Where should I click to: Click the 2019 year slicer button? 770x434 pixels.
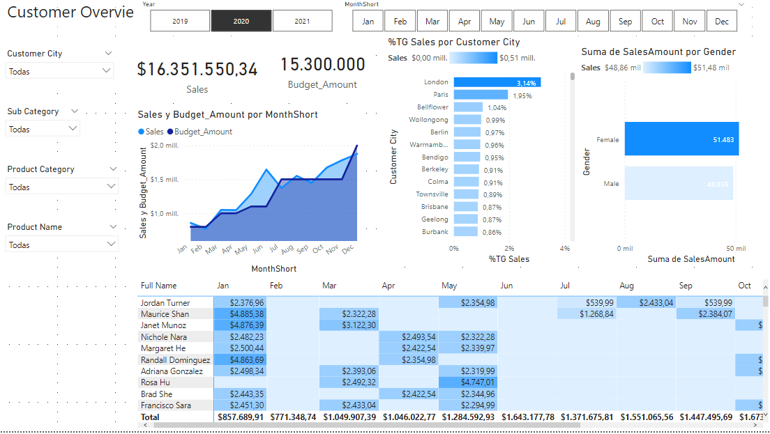click(x=180, y=22)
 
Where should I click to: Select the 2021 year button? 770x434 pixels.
click(x=302, y=22)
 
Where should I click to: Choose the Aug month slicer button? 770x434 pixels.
click(x=593, y=22)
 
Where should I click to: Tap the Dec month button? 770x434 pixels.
click(x=721, y=22)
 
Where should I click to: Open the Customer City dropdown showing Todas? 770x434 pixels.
click(x=59, y=71)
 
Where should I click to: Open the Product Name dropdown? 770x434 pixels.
click(x=61, y=245)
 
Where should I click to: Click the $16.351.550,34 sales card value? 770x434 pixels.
click(x=197, y=70)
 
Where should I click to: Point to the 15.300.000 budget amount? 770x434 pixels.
click(x=323, y=65)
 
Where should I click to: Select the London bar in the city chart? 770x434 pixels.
click(x=497, y=82)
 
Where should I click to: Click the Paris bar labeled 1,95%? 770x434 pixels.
click(x=481, y=95)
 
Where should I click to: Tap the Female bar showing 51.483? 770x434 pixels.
click(x=681, y=139)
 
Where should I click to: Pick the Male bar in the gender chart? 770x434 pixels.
click(x=678, y=184)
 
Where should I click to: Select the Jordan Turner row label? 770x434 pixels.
click(x=165, y=303)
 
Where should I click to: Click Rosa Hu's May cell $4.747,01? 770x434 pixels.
click(x=468, y=382)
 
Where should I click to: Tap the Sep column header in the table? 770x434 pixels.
click(x=685, y=286)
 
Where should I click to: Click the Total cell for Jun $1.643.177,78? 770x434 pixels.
click(x=527, y=417)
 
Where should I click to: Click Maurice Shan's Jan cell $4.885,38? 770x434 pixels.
click(x=240, y=314)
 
